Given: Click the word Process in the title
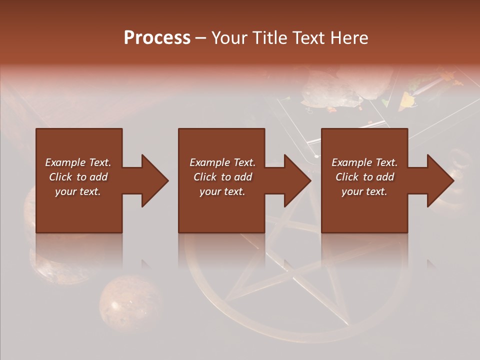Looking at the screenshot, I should click(157, 38).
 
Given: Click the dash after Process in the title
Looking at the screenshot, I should click(200, 38).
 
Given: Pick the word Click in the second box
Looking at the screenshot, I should click(205, 177).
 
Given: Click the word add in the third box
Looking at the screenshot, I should click(385, 177).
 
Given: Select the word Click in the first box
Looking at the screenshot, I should click(61, 177).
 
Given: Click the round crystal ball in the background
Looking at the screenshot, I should click(130, 302).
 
